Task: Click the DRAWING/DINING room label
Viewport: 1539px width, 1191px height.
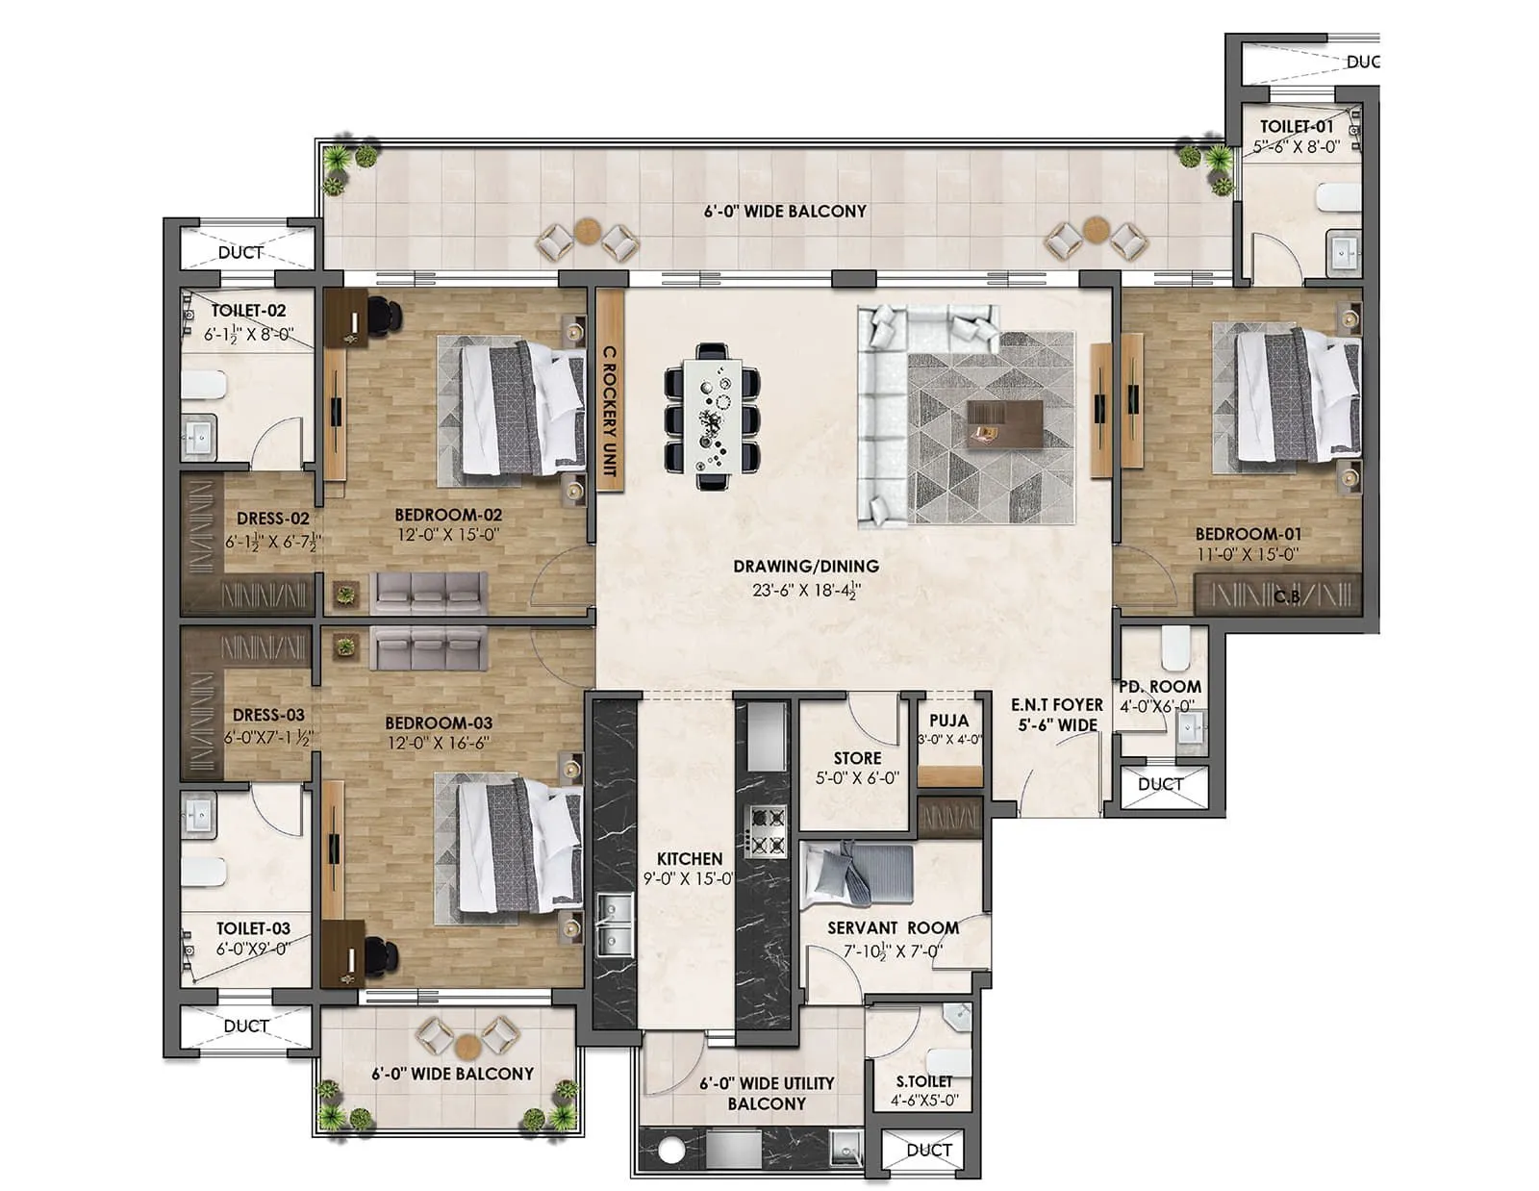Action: (805, 567)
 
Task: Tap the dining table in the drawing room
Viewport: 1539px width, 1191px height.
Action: (713, 416)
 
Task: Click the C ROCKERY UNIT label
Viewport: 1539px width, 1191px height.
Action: (609, 412)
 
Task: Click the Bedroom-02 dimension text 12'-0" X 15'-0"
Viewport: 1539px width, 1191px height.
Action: (447, 535)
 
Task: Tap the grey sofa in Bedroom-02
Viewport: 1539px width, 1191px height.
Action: (429, 594)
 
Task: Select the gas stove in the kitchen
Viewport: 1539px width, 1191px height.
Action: (767, 832)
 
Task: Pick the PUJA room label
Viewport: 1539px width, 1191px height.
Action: (948, 721)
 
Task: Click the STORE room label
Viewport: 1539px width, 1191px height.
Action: (857, 758)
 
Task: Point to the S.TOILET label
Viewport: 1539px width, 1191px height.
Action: (923, 1081)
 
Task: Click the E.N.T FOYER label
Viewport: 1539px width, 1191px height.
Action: (1056, 705)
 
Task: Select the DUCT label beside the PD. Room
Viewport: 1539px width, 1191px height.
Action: (1160, 784)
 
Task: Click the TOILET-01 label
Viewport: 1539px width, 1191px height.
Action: (1297, 126)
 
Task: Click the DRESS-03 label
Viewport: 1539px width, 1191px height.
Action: (268, 715)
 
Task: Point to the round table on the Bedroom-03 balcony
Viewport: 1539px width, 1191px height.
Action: (467, 1046)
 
